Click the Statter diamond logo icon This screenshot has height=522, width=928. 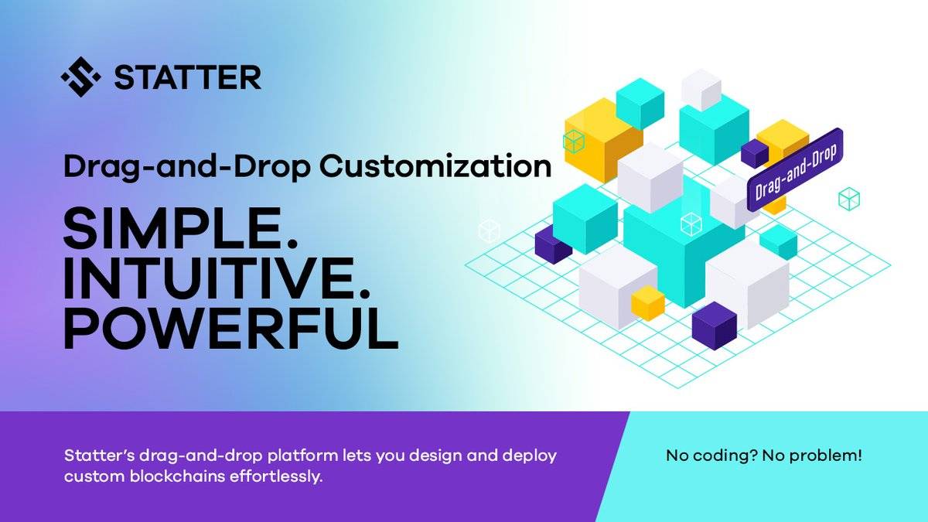pos(80,77)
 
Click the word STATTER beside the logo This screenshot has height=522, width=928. pos(188,77)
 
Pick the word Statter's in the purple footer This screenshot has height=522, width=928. pos(100,455)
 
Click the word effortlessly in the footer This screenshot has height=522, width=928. pos(275,477)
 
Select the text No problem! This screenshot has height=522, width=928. pos(812,455)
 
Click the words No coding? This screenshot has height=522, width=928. pos(712,456)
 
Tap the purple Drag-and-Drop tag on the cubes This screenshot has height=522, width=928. pos(795,169)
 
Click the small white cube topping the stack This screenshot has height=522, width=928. pos(701,90)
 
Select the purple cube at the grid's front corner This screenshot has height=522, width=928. pos(715,326)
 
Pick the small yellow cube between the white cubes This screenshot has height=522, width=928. pos(648,303)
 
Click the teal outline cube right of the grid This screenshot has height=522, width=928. pos(849,199)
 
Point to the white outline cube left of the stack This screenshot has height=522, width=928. pos(489,230)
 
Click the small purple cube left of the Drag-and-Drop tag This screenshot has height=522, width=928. pos(755,153)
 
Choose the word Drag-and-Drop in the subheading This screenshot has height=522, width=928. pos(187,166)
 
